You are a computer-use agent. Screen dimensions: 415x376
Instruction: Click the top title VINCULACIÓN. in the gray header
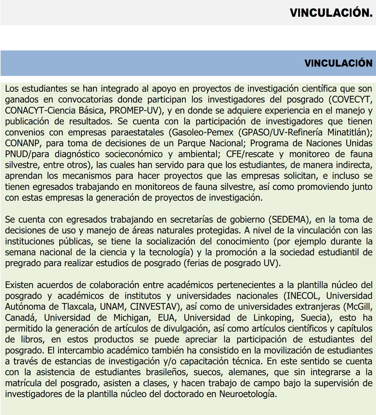[331, 13]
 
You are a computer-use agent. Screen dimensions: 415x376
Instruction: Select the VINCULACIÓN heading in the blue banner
[338, 63]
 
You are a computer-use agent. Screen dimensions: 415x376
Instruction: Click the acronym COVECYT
[350, 100]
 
